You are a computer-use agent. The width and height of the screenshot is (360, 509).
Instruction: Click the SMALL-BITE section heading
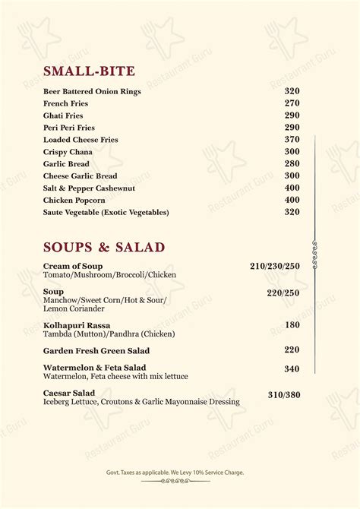89,71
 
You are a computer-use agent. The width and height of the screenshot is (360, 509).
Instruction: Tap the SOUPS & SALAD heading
104,247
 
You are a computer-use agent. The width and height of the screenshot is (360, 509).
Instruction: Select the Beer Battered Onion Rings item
92,91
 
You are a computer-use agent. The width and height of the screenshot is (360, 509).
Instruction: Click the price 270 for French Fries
292,103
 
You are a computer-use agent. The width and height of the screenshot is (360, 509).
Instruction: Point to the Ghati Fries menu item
64,115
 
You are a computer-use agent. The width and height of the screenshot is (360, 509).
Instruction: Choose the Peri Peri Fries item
69,128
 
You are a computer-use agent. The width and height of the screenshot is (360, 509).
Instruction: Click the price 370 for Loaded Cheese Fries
292,140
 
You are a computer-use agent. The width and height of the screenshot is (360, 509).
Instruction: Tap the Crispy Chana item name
68,152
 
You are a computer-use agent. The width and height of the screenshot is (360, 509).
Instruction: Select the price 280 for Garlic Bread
292,164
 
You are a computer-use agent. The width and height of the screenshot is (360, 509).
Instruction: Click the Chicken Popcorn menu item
74,201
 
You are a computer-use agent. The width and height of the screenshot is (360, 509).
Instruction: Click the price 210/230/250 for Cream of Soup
275,266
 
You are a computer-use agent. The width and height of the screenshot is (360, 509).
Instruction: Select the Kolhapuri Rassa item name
76,325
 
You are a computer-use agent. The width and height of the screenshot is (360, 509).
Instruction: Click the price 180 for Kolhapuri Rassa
292,325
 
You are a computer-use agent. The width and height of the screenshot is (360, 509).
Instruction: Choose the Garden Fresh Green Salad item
96,351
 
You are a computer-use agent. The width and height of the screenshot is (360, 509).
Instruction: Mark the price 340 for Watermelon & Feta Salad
292,369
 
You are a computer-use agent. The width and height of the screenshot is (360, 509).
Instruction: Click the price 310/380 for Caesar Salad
284,395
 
